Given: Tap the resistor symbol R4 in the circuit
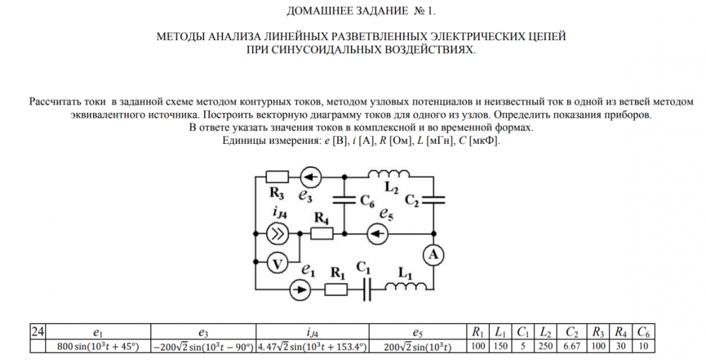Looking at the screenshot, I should (x=322, y=233).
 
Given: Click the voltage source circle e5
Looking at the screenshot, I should (x=378, y=233).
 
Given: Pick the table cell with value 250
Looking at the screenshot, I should (x=545, y=347).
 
